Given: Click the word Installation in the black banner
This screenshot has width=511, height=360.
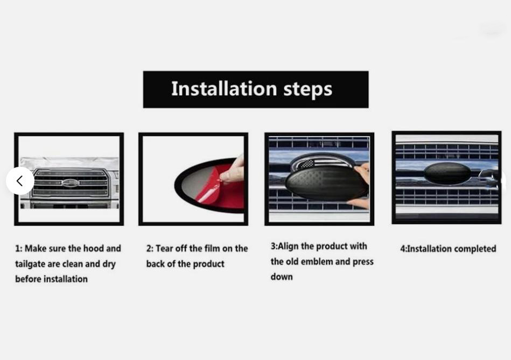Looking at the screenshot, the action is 224,89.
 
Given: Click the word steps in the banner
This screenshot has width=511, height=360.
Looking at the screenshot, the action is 307,90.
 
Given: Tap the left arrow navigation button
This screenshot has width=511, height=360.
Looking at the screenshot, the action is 20,181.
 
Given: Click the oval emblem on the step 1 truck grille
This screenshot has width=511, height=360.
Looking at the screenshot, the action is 71,183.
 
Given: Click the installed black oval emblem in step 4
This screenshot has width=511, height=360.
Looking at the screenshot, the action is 447,174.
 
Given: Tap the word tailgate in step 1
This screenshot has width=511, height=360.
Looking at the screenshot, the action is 30,264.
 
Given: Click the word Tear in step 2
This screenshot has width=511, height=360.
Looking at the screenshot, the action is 164,249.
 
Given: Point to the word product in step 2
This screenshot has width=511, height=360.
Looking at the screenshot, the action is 208,264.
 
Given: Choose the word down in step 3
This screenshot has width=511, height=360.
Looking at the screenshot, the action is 282,277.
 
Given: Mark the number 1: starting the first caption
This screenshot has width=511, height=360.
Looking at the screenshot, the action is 18,249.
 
